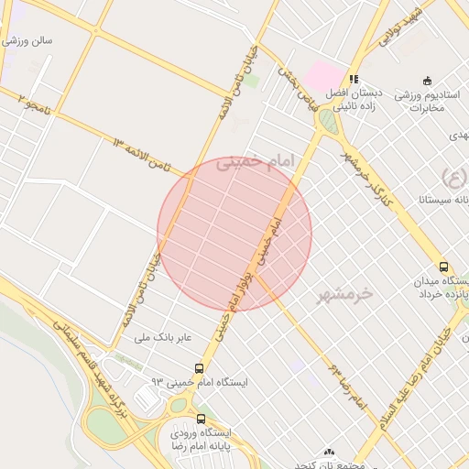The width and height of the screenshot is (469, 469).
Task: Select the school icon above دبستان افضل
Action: (x=354, y=79)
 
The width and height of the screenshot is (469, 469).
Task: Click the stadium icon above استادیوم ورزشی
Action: (x=426, y=80)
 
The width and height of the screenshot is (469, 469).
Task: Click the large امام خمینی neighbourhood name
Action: (x=257, y=163)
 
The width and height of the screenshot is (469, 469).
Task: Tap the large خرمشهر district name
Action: (x=346, y=294)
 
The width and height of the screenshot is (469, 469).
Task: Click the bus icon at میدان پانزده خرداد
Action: (x=444, y=267)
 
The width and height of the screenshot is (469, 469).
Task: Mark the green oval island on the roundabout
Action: (x=327, y=121)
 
